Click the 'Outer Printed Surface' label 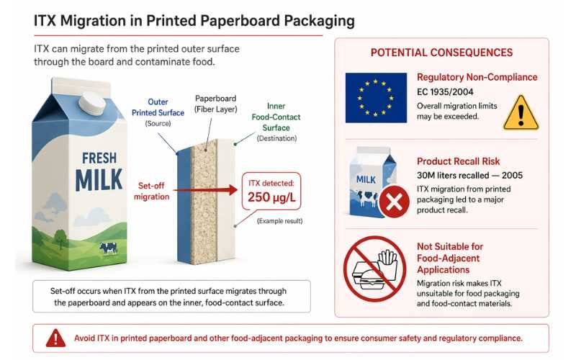[x=159, y=107]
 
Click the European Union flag [x=374, y=98]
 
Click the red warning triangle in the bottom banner [x=56, y=337]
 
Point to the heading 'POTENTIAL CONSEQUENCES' [x=441, y=53]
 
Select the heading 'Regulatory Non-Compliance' [x=477, y=77]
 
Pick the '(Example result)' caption [x=279, y=220]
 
